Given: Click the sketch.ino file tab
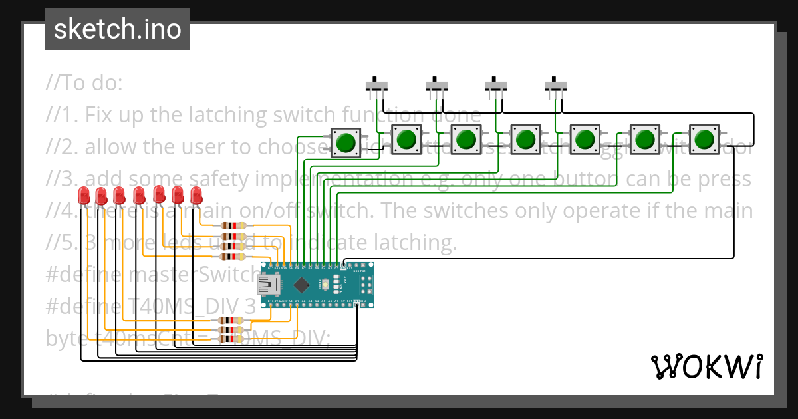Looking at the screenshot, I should pos(117,29).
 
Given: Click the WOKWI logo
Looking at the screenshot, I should pos(706,366).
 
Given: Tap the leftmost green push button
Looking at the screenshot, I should pos(346,143).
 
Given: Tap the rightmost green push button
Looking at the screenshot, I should pos(703,140).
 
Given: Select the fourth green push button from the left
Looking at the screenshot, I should pos(525,140).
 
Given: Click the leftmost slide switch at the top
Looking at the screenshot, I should pos(377,86).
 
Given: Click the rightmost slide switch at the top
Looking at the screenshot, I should pos(556,86).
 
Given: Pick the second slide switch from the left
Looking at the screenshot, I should pos(436,86).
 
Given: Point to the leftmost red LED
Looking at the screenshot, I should pos(84,196).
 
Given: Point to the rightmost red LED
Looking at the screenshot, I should pos(196,196).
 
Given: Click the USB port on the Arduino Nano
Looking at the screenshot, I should pos(267,285).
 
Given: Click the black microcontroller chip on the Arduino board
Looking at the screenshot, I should pos(302,285).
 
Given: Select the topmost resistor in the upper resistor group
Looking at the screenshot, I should pos(232,226).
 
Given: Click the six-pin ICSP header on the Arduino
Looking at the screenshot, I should pos(366,285).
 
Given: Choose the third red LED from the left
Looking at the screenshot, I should pos(119,196).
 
